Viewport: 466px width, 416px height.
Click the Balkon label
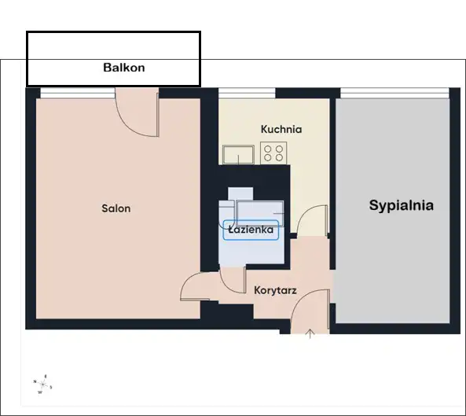[x=124, y=68]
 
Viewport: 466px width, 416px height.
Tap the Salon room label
[x=116, y=208]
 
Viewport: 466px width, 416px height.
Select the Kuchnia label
[x=281, y=129]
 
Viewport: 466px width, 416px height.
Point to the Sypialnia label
[x=402, y=205]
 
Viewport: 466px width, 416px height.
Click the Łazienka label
[x=251, y=230]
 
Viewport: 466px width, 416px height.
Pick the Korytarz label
[x=275, y=290]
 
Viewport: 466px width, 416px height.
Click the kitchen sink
[x=238, y=155]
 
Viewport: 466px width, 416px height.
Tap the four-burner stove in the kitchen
[x=273, y=153]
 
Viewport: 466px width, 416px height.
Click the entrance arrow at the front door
[x=310, y=333]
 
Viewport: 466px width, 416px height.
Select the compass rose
[x=42, y=385]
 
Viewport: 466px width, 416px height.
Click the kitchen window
[x=247, y=93]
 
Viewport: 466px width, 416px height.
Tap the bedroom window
[x=394, y=93]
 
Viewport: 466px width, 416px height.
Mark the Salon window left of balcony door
[x=78, y=93]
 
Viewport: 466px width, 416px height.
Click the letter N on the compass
[x=35, y=381]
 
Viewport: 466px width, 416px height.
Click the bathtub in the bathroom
[x=260, y=213]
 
